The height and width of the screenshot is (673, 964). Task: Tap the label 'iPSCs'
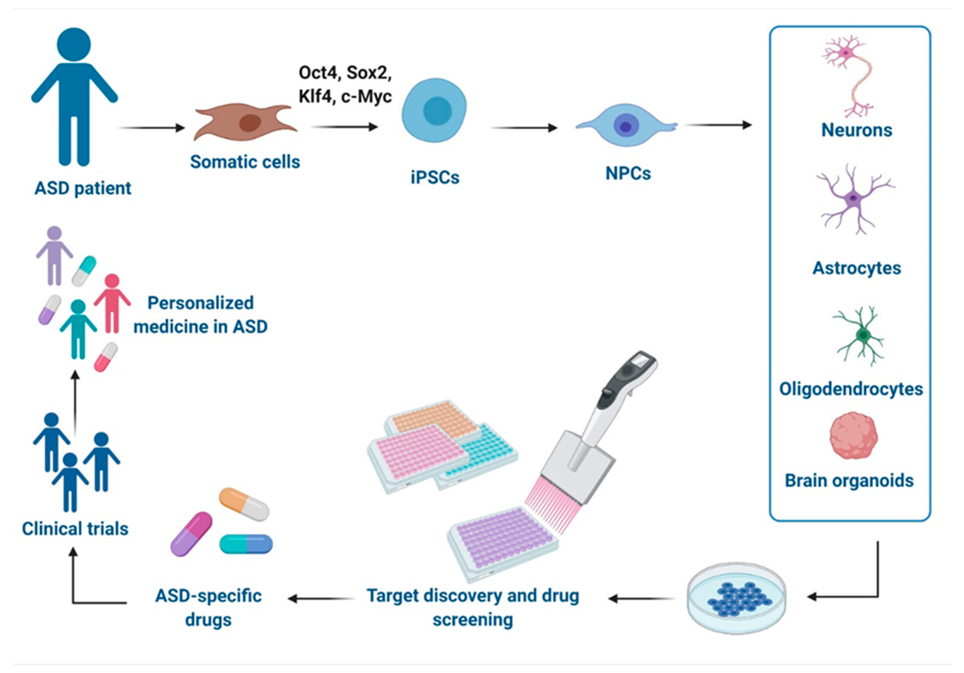tap(435, 177)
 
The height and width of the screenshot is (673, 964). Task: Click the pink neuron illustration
tap(848, 75)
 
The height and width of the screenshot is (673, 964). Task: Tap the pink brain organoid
tap(854, 435)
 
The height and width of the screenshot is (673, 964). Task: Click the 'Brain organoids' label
tap(849, 481)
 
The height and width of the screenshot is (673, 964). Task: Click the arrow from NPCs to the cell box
tap(718, 125)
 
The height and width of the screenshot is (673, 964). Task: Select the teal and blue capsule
tap(246, 544)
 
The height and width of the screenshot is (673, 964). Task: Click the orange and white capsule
tap(244, 504)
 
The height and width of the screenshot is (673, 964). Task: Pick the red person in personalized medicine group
tap(112, 303)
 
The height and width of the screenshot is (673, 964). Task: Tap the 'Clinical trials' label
tap(75, 529)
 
